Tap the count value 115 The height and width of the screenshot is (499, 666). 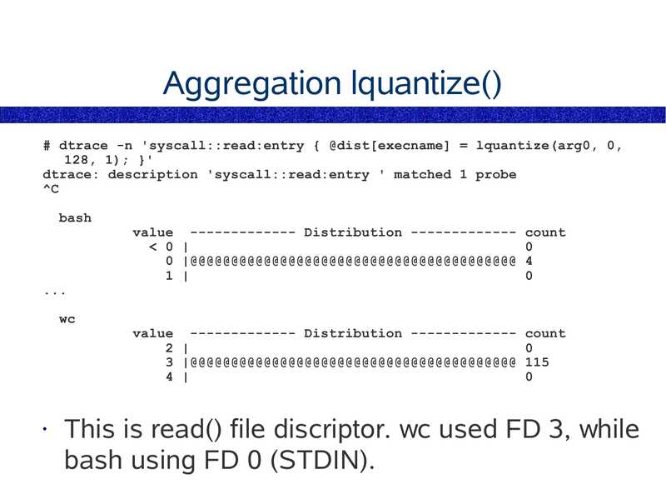pos(537,362)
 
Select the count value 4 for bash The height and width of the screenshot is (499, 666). pos(529,262)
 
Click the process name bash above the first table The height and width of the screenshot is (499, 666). pos(75,218)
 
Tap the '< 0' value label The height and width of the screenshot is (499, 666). pos(161,247)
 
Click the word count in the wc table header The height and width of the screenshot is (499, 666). pos(544,333)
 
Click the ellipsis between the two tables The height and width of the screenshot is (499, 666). pos(54,292)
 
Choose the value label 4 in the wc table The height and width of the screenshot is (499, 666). pos(169,377)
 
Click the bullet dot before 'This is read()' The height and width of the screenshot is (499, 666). pos(47,431)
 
